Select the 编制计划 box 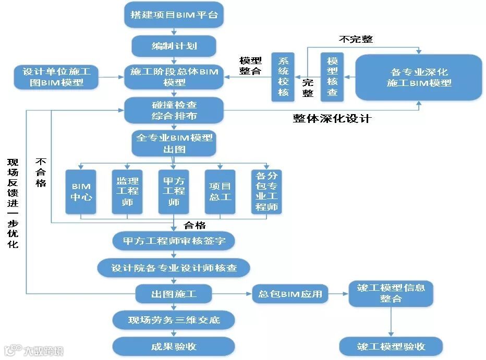tap(174, 46)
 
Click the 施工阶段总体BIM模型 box tap(174, 77)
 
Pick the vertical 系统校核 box tap(283, 77)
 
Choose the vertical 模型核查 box tap(332, 77)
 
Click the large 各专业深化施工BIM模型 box tap(419, 77)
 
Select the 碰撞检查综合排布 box tap(174, 110)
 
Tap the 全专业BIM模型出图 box tap(174, 143)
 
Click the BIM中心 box tap(81, 192)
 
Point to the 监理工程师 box tap(127, 192)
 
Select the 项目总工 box tap(220, 192)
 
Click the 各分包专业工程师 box tap(266, 192)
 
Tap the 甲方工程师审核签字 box tap(174, 241)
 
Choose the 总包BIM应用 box tap(290, 294)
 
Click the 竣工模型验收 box tap(391, 346)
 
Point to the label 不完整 tap(356, 39)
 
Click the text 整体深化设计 tap(332, 118)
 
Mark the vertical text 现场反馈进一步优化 tap(13, 203)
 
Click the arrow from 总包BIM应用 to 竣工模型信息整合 tap(339, 294)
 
